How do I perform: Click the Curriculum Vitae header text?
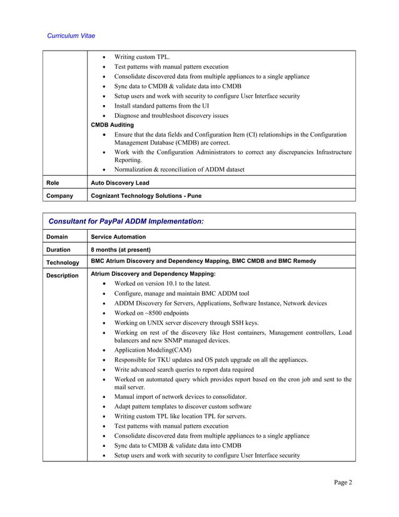71,36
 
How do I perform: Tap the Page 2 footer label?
342,482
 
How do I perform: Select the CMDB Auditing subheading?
113,125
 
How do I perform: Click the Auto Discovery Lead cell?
120,183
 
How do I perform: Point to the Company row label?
60,195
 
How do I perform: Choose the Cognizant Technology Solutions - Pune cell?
146,195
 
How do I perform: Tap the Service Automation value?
118,237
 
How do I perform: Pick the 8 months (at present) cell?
121,249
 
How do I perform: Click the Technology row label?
63,262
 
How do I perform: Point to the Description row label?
63,275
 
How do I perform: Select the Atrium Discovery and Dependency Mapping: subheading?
153,274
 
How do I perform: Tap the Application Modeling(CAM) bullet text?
153,351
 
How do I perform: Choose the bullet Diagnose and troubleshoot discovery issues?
171,116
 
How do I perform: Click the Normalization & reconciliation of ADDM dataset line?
179,169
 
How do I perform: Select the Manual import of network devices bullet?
180,397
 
